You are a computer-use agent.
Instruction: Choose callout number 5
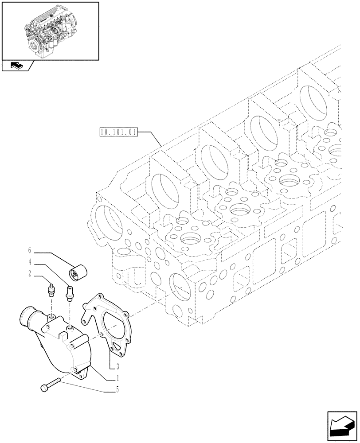click(x=117, y=389)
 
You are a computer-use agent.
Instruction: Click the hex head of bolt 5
click(x=44, y=388)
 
